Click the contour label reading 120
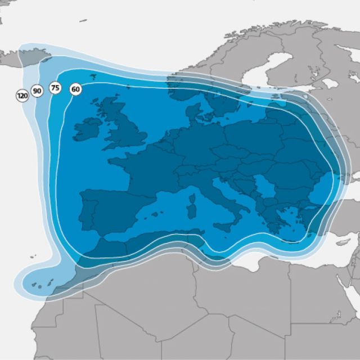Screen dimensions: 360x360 [22, 96]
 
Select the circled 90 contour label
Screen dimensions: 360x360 [37, 91]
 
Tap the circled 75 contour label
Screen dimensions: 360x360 [55, 88]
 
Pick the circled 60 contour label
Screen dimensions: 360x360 [75, 89]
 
